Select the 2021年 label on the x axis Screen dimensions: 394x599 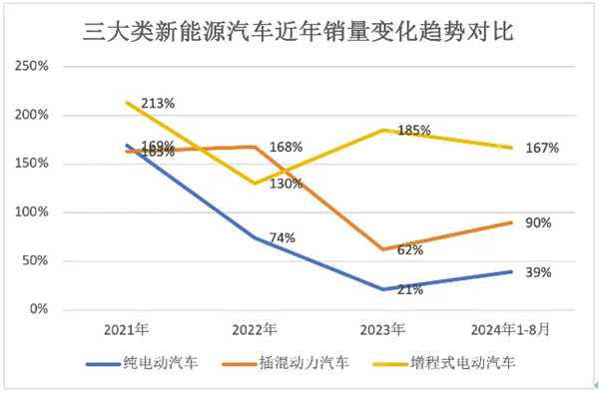[127, 329]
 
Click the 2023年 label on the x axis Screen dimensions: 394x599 [384, 329]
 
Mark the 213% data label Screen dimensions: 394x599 [158, 103]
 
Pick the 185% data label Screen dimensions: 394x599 [413, 130]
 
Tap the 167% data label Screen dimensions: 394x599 [542, 149]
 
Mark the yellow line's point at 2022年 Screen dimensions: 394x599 [256, 184]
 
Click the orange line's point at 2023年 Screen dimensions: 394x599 [384, 249]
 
